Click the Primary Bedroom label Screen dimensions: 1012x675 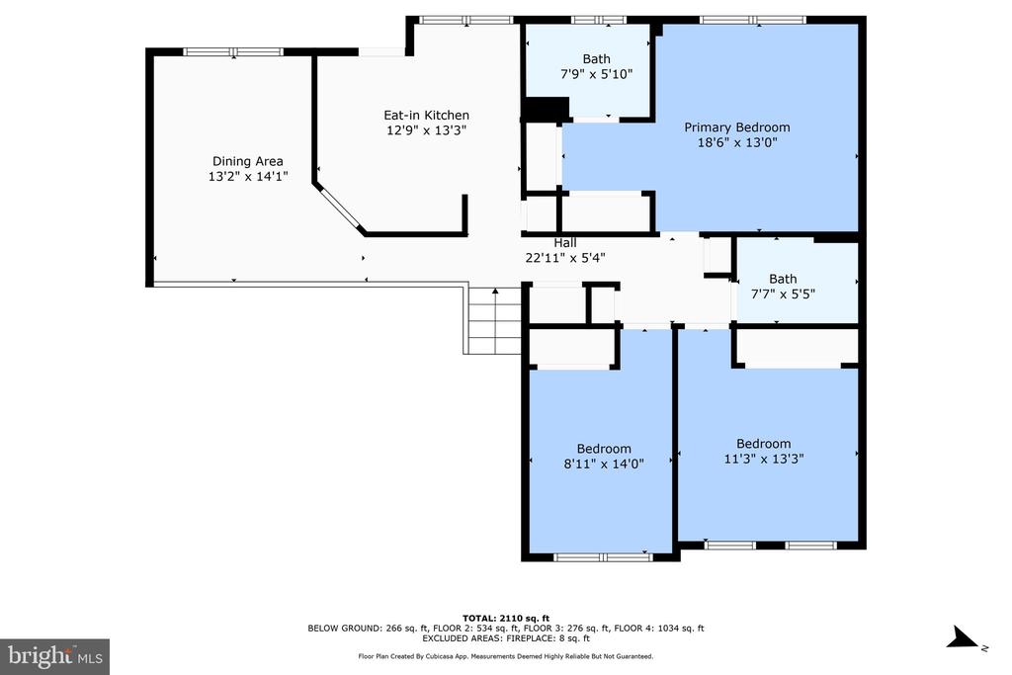point(737,127)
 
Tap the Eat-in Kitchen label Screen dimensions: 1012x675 point(427,116)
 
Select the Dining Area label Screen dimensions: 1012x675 point(248,161)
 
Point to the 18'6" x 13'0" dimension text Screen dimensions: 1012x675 point(737,142)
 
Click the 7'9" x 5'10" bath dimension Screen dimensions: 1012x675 point(596,74)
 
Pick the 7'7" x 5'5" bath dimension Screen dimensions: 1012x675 point(783,295)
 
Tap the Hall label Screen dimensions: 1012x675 point(564,243)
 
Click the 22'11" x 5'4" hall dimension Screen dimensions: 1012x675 point(564,258)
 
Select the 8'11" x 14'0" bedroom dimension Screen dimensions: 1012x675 point(604,464)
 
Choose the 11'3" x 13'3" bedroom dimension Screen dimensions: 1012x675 point(764,459)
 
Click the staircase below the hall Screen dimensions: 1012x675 point(492,320)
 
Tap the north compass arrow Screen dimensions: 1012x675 point(963,636)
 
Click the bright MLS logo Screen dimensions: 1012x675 point(55,657)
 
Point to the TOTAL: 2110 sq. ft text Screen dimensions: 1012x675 point(506,619)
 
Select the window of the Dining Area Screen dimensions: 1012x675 point(233,51)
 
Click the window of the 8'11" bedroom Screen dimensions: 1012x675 point(604,557)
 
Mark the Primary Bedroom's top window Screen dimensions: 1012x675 point(753,20)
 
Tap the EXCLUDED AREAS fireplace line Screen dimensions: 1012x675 point(506,638)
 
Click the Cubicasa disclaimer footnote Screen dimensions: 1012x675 point(506,656)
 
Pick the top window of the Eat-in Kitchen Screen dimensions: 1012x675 point(466,20)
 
